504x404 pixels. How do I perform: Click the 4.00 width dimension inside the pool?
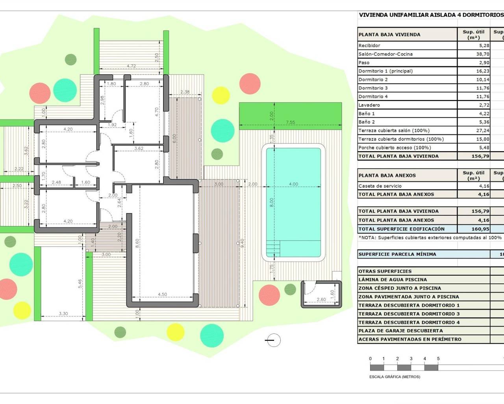(293, 184)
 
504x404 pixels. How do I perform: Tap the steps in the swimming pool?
(273, 248)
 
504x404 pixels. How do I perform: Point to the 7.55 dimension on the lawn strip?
(290, 122)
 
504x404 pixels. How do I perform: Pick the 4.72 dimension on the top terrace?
(132, 66)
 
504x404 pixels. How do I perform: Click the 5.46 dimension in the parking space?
(80, 283)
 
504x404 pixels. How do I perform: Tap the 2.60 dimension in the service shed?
(321, 299)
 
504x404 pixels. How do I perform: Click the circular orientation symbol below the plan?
(274, 340)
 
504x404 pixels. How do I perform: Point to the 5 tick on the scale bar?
(438, 359)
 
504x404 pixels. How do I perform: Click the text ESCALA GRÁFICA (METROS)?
(395, 377)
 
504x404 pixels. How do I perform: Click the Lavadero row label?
(369, 105)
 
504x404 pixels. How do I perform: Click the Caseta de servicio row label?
(380, 186)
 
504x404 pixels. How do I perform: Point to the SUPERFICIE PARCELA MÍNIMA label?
(397, 254)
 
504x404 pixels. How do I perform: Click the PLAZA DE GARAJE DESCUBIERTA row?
(400, 331)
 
